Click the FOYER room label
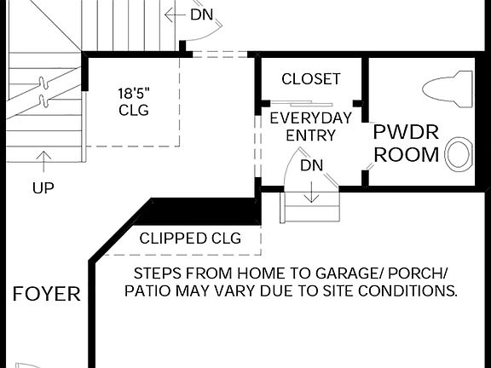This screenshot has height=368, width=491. tap(47, 295)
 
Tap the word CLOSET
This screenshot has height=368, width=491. tap(311, 79)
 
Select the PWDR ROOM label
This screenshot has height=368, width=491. tap(407, 143)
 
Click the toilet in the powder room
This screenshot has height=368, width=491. tap(448, 89)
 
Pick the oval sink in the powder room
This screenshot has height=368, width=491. tap(459, 154)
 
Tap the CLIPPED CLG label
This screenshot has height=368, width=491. tap(190, 239)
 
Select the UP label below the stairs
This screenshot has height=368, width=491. tap(43, 187)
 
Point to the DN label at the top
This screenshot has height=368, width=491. tap(202, 14)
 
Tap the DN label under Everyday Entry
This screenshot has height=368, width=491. tap(312, 165)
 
